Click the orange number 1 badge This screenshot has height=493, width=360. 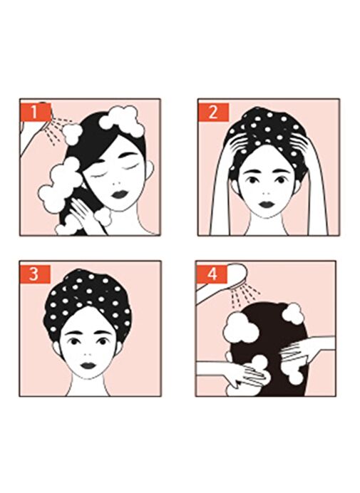click(x=35, y=113)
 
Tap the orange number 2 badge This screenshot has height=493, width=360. click(x=213, y=113)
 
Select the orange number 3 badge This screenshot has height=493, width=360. click(x=34, y=274)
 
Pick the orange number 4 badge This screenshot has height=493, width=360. click(x=212, y=274)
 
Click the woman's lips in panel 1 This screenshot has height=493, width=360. click(x=119, y=194)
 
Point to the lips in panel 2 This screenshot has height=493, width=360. click(x=267, y=204)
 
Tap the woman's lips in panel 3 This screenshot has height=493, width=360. click(x=88, y=365)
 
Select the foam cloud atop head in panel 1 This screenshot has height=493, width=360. click(x=123, y=121)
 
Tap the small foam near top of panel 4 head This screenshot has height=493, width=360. click(x=293, y=313)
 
